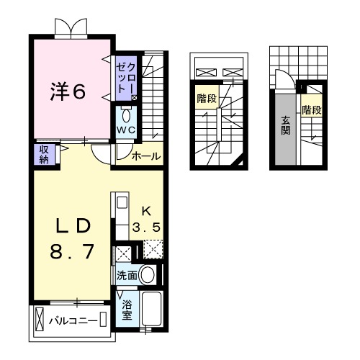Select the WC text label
[x=127, y=130]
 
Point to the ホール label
[x=147, y=156]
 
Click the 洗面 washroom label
[x=126, y=274]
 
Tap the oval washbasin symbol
[x=148, y=274]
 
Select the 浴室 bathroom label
[x=127, y=309]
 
